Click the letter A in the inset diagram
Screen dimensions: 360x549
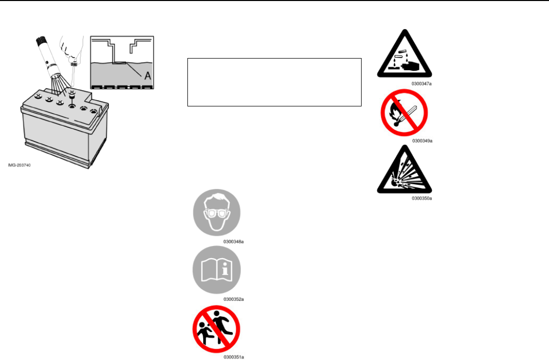pos(148,75)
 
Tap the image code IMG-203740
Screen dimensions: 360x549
pos(19,165)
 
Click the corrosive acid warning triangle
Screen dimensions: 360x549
pos(403,56)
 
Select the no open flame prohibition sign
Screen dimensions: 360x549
pos(404,113)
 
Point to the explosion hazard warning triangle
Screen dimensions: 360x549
pos(404,172)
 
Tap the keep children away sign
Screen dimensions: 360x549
pos(216,329)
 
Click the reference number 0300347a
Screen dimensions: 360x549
pos(422,83)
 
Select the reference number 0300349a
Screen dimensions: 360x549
pos(422,141)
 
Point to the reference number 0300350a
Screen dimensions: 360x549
pos(422,199)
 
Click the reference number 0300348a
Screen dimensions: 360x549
pos(233,241)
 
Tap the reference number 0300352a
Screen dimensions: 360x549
pos(233,299)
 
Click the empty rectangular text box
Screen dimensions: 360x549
pos(274,82)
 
